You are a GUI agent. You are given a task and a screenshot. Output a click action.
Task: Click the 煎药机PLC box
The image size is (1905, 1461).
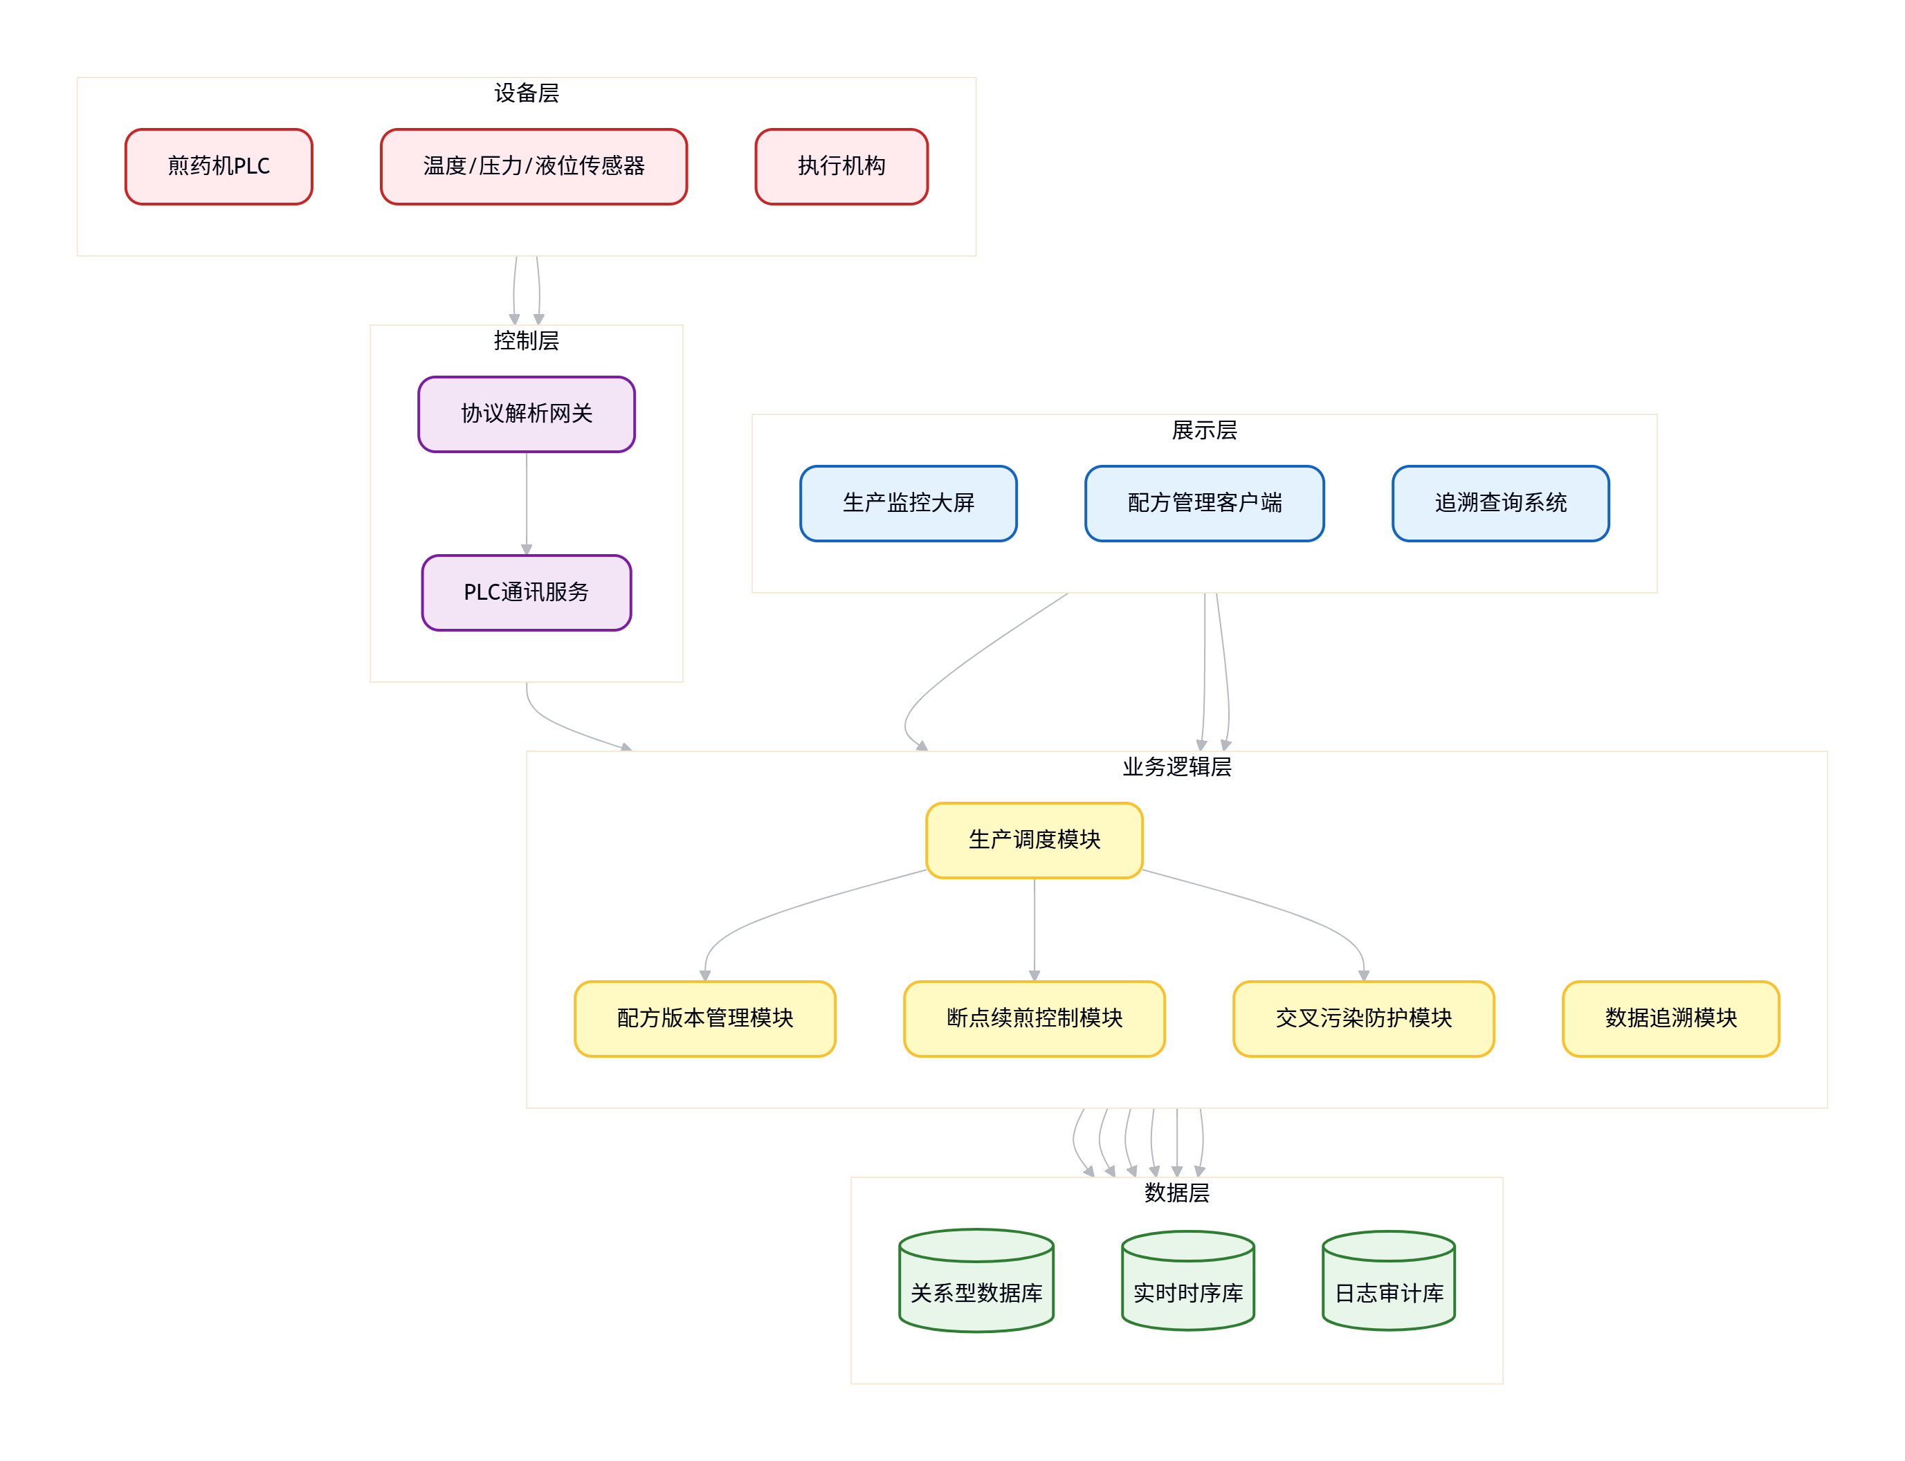219,166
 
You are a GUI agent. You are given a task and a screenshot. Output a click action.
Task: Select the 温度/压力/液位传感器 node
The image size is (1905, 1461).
534,166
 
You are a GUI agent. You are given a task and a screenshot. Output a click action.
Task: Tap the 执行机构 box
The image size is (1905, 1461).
841,166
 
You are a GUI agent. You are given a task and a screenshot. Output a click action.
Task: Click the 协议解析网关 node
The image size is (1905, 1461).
527,414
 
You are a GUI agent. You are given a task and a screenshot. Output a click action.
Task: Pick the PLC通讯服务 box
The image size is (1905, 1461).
527,592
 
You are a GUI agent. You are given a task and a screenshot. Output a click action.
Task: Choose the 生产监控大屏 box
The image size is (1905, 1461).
908,503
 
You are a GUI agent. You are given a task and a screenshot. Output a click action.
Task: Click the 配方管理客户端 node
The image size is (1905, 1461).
1204,503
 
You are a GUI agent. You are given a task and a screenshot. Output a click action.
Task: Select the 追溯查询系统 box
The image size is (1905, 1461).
1500,503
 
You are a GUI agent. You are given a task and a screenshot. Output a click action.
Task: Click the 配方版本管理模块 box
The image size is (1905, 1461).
704,1018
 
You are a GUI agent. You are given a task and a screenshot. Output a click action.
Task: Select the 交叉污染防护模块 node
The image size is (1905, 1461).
1363,1018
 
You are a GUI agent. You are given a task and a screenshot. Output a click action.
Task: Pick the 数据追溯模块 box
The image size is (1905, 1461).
1670,1018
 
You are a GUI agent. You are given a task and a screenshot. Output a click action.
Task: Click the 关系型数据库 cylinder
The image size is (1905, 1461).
976,1280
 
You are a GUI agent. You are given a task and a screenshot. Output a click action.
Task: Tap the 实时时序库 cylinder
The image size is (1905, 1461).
1187,1280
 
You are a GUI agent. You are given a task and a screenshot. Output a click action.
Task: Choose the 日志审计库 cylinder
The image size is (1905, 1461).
1388,1280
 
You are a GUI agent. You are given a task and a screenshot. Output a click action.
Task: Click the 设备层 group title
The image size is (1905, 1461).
527,93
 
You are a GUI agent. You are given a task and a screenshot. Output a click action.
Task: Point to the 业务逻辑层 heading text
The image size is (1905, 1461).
1176,766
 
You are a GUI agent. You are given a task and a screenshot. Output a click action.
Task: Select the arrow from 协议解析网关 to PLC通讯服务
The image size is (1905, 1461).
527,504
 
